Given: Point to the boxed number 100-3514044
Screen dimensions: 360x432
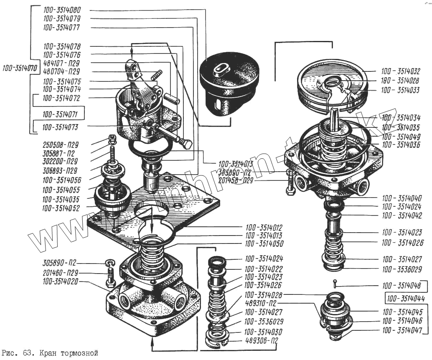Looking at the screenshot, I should (x=404, y=299).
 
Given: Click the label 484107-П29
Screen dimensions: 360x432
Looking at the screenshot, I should (x=61, y=63).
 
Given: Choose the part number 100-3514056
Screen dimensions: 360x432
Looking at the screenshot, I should (x=61, y=180).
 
